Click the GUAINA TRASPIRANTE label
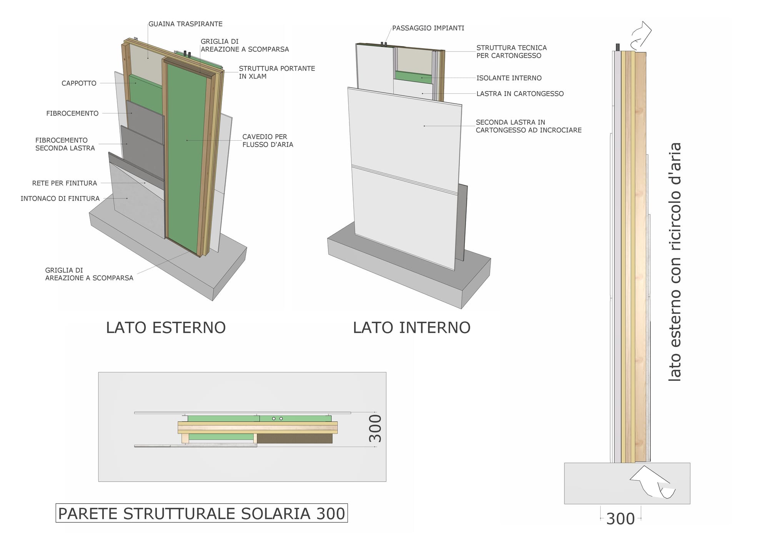[x=185, y=24]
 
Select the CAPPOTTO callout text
[x=79, y=83]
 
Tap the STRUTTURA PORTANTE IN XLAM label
[x=277, y=72]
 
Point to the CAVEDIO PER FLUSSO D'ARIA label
[x=268, y=141]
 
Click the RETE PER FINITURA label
[x=65, y=183]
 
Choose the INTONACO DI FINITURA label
[x=60, y=199]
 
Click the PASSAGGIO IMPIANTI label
[x=428, y=28]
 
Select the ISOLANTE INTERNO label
[x=509, y=78]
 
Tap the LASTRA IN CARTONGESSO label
[x=520, y=94]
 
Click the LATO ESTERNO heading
[x=166, y=328]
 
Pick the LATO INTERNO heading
[x=411, y=328]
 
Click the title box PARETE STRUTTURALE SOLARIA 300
[x=201, y=513]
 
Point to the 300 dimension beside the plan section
[x=375, y=428]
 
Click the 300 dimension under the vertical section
[x=620, y=519]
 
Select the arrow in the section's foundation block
[x=652, y=483]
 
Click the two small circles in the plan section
[x=277, y=418]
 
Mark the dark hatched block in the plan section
[x=295, y=438]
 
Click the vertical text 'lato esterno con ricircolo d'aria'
[x=675, y=262]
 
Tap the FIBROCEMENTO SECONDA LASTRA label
[x=65, y=144]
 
